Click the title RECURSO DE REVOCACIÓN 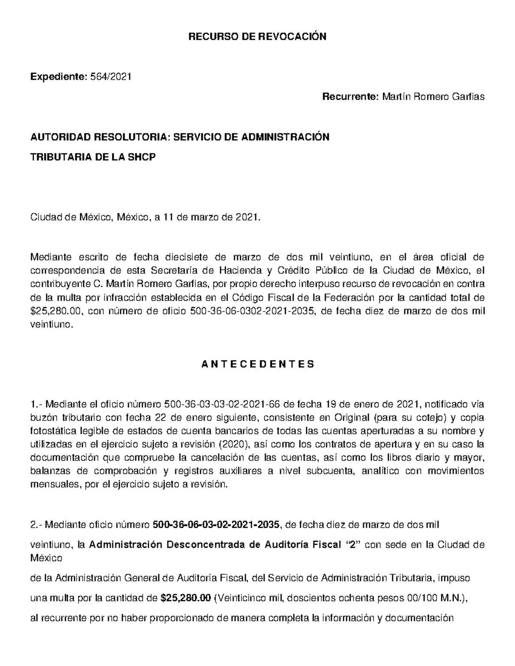(257, 36)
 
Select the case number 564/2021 (109, 77)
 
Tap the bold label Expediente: (58, 77)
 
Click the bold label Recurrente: (348, 97)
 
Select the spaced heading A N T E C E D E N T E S (257, 365)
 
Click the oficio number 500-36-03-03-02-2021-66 (222, 404)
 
